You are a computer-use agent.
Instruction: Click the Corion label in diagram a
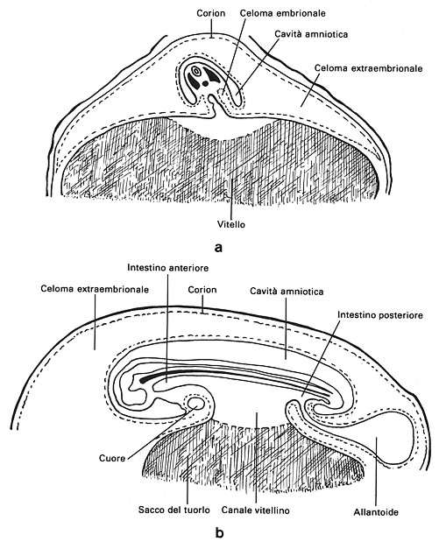[210, 13]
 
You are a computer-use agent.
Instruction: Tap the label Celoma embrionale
[282, 13]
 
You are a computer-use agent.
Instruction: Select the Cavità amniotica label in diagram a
[311, 34]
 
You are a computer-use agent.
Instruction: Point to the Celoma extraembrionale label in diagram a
[368, 68]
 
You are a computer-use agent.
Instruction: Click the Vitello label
[231, 225]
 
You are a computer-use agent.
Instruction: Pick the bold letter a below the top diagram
[218, 248]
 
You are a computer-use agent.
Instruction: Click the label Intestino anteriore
[167, 268]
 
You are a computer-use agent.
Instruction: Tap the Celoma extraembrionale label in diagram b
[95, 289]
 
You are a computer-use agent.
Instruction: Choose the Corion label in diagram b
[202, 289]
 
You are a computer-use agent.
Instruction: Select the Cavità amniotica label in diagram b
[287, 292]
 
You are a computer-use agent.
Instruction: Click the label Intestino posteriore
[379, 315]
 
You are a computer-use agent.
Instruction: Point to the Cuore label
[112, 458]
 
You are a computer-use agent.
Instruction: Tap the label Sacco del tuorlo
[174, 510]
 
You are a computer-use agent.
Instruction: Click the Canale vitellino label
[255, 510]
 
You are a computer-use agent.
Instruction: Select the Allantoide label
[376, 512]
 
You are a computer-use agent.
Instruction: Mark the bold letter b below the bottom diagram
[219, 532]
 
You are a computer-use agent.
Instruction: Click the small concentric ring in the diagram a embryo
[196, 71]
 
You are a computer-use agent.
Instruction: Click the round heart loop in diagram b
[195, 404]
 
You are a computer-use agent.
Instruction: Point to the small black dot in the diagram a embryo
[206, 83]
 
